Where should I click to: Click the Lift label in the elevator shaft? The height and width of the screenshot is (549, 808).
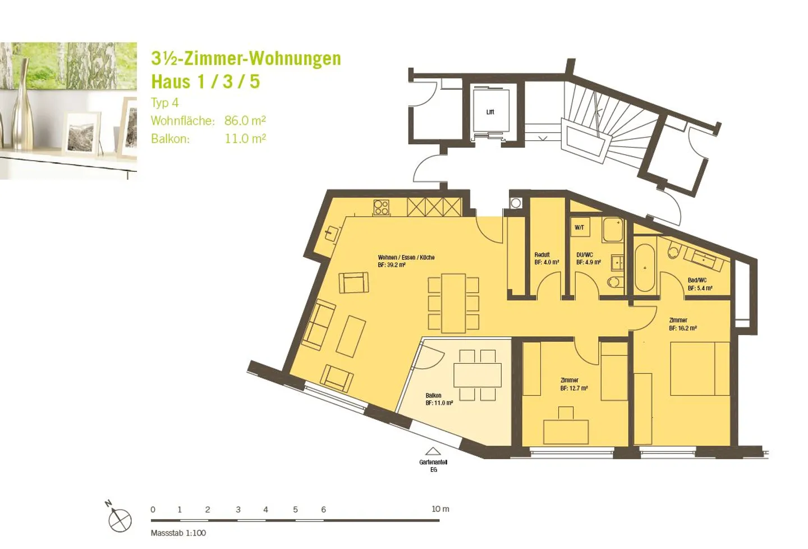[x=490, y=112]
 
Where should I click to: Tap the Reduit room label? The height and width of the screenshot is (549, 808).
[x=542, y=255]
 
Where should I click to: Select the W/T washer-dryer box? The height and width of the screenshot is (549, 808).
[x=580, y=227]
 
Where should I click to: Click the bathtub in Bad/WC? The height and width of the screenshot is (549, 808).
[x=645, y=268]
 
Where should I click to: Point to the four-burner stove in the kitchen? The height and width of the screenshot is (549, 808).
[x=381, y=207]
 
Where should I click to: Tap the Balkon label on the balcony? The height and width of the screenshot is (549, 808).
[x=433, y=395]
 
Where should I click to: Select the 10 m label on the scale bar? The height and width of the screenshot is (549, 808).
[x=440, y=509]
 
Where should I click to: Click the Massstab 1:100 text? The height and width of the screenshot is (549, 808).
[x=178, y=533]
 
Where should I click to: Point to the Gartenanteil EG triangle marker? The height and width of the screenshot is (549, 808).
[x=433, y=451]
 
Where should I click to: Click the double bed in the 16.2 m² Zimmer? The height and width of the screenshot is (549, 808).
[x=700, y=369]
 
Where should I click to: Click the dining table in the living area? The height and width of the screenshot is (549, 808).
[x=453, y=303]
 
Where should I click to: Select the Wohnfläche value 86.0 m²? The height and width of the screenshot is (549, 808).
[x=245, y=120]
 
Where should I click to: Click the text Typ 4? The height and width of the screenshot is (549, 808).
[x=165, y=103]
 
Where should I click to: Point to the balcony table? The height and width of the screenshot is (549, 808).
[x=478, y=376]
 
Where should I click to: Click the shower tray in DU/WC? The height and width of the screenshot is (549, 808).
[x=613, y=230]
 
